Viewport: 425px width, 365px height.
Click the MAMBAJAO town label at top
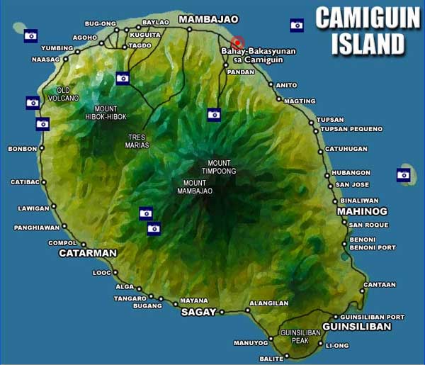point(208,19)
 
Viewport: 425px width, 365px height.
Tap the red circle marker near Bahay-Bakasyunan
point(238,41)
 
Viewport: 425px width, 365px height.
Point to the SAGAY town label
point(198,312)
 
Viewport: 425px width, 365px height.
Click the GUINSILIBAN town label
point(356,327)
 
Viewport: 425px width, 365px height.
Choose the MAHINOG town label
point(362,211)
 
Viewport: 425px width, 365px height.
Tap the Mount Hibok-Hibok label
point(106,113)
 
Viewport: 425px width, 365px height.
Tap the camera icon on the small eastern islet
point(404,174)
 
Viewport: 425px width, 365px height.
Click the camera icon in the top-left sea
point(30,35)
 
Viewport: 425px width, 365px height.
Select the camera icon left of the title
point(297,25)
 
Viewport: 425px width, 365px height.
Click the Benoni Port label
point(373,248)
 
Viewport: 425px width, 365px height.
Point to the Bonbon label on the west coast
point(22,149)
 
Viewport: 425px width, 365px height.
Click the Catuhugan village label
point(346,149)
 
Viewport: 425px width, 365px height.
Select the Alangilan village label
point(268,303)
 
